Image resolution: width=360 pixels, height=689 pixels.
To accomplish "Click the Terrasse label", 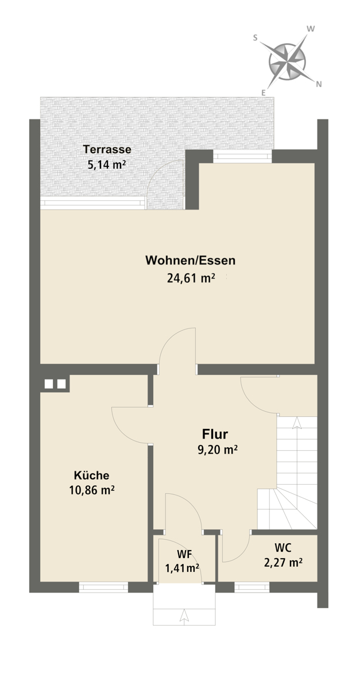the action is pos(107,149).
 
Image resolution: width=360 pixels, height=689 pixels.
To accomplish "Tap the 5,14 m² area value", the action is pos(107,165).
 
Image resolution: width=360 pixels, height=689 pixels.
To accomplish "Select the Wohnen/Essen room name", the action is pos(191,261).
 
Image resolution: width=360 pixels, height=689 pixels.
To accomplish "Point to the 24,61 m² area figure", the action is pos(191,278).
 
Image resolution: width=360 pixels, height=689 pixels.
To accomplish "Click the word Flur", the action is pos(215,434).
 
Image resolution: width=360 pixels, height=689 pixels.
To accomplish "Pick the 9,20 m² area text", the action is pos(218,450).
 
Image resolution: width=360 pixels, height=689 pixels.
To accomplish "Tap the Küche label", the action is pos(91,475).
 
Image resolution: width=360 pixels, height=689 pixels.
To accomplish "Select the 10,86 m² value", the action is pos(92,490).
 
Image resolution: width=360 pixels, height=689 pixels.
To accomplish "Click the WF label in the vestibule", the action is pos(184,554).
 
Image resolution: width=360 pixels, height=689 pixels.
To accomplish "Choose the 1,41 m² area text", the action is pos(182,568).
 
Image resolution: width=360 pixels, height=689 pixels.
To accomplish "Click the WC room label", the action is pos(282,548).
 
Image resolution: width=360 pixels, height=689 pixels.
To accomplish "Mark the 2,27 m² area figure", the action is pos(282,562).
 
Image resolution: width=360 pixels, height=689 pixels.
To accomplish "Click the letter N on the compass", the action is pos(319,84).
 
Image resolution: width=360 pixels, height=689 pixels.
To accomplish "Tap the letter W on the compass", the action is pos(311,29).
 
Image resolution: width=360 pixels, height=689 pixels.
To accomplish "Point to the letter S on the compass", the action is pos(255,37).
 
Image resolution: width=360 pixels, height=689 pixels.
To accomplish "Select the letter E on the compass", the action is pos(263,92).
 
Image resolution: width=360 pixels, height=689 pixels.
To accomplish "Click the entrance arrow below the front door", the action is pos(184,616).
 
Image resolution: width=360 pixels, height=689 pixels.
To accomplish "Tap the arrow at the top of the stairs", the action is pos(297,423).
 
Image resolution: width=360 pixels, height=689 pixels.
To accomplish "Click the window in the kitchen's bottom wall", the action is pos(103,587).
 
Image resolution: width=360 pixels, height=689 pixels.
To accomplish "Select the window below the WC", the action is pos(251,587).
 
